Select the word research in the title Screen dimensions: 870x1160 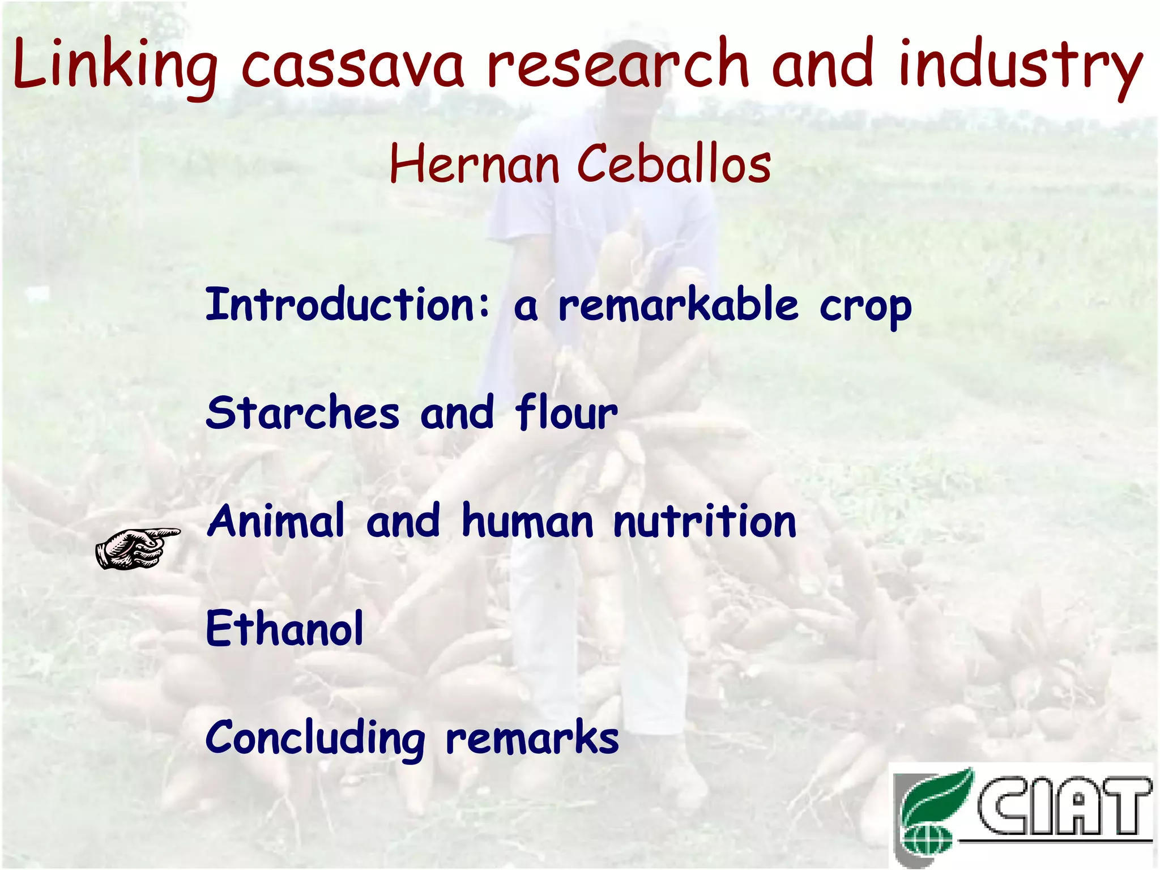pyautogui.click(x=618, y=65)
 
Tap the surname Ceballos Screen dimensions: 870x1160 pyautogui.click(x=674, y=165)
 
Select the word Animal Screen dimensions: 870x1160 pyautogui.click(x=276, y=521)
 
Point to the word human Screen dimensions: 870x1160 pyautogui.click(x=527, y=521)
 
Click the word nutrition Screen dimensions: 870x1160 pyautogui.click(x=705, y=521)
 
